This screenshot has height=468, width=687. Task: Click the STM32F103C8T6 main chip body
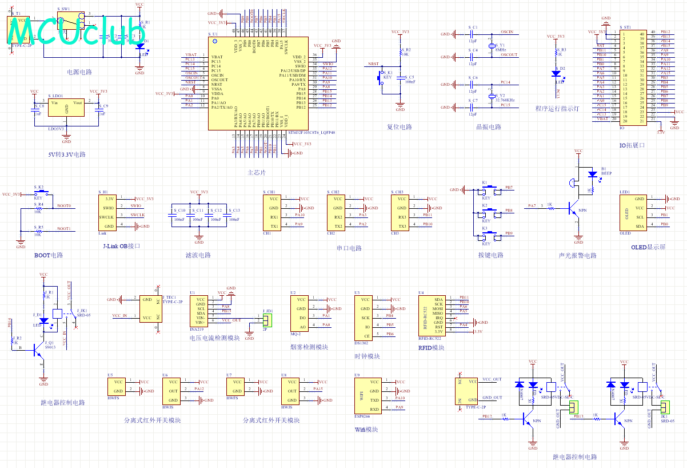coord(254,86)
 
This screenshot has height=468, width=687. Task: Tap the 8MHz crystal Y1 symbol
coord(491,46)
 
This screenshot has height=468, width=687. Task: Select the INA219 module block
coord(201,312)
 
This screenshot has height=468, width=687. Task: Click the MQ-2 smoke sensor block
coord(301,313)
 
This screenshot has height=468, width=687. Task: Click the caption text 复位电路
coord(400,127)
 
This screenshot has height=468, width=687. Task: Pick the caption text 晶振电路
coord(489,127)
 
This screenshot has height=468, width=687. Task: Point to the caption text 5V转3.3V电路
coord(67,154)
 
